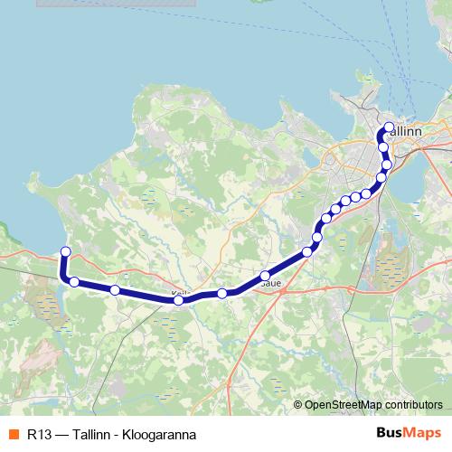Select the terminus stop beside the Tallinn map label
point(389,127)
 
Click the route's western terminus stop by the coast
point(65,251)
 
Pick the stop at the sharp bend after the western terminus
point(74,282)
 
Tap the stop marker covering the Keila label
point(178,300)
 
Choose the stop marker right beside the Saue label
point(265,276)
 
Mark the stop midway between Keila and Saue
point(221,294)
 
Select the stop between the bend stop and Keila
point(115,290)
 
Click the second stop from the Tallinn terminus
point(382,146)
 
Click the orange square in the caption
point(13,435)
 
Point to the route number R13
point(38,435)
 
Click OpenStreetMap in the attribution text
point(342,406)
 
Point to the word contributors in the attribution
point(412,406)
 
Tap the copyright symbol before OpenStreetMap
point(298,406)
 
